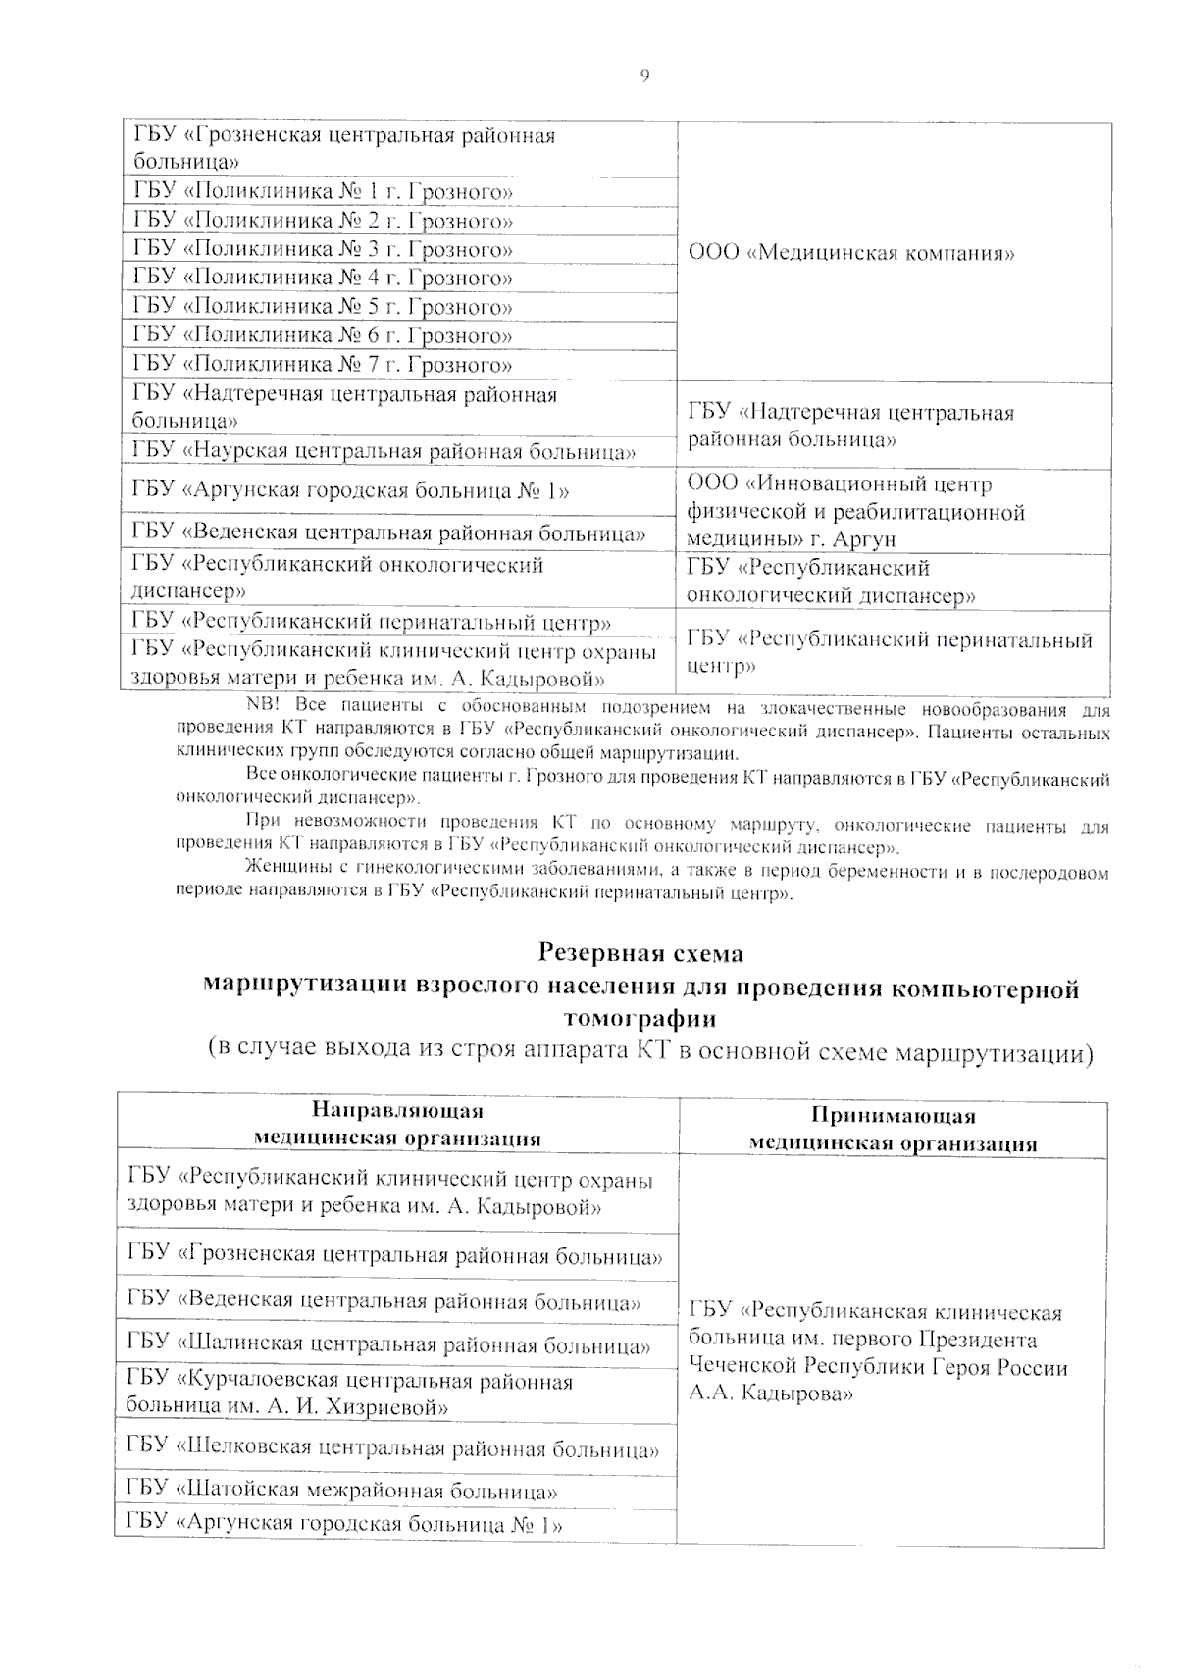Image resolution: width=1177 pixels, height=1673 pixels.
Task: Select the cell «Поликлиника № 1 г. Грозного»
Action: (x=324, y=192)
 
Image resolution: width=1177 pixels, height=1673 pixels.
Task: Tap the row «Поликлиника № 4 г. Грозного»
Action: (x=324, y=279)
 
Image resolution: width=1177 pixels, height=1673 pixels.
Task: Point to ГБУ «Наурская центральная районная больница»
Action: (x=384, y=452)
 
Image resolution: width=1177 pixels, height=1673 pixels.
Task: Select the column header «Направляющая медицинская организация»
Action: (x=397, y=1125)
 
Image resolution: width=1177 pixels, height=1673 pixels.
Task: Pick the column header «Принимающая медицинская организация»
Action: (x=893, y=1130)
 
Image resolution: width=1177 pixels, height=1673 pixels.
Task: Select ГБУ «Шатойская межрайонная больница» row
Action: (x=342, y=1492)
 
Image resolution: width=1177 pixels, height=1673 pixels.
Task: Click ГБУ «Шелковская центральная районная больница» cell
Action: (x=392, y=1448)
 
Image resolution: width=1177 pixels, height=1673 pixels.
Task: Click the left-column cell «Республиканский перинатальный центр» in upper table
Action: (x=373, y=623)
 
